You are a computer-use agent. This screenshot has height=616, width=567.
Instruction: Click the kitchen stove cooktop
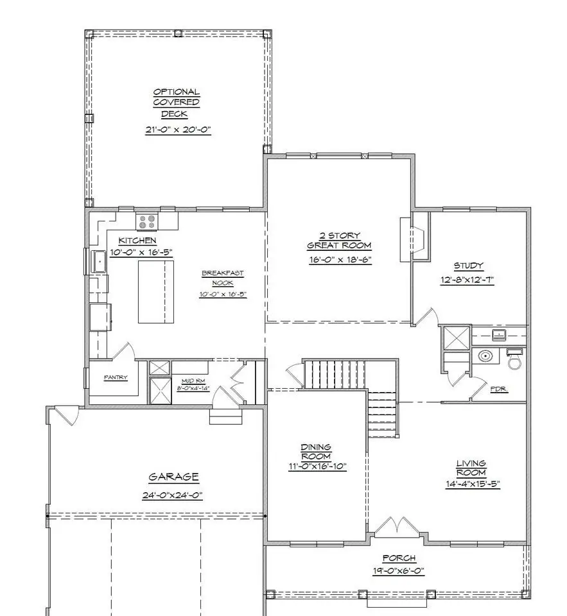click(x=147, y=221)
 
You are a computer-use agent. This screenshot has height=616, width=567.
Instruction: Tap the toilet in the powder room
click(x=514, y=358)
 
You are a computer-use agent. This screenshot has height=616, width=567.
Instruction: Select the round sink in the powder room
click(x=485, y=356)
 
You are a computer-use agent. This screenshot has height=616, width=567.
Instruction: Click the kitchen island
click(x=155, y=291)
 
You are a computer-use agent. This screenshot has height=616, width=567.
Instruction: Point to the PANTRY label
click(x=116, y=377)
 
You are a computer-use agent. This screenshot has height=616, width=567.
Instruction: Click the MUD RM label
click(x=193, y=381)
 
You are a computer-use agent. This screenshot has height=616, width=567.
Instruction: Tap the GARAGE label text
click(x=173, y=477)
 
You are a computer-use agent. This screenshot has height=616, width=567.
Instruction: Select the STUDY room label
click(x=468, y=266)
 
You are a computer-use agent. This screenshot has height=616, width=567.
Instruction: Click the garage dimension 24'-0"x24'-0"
click(x=172, y=495)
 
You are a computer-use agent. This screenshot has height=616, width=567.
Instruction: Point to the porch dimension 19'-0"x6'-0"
click(x=399, y=570)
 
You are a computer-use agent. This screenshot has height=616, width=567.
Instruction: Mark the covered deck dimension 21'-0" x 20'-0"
click(x=178, y=130)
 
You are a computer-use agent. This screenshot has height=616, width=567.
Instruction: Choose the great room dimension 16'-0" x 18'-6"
click(x=340, y=260)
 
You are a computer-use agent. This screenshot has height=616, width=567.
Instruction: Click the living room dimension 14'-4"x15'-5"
click(x=472, y=484)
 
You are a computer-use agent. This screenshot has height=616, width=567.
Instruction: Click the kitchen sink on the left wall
click(x=99, y=261)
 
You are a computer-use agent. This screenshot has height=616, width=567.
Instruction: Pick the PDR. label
click(x=499, y=389)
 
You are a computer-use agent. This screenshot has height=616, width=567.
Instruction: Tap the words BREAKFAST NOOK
click(x=223, y=278)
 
